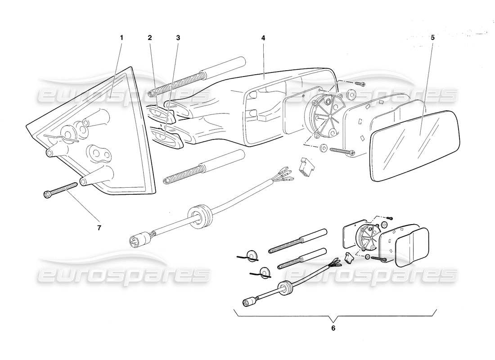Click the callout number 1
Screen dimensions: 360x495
tap(121, 38)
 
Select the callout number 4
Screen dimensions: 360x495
tap(263, 38)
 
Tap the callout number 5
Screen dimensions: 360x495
tap(432, 38)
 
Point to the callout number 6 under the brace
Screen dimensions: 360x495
tap(333, 328)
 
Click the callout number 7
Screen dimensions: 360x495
tap(99, 228)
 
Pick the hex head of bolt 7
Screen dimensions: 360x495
tap(47, 194)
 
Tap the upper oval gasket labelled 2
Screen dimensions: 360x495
tap(160, 112)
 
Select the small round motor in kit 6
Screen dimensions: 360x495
tap(366, 238)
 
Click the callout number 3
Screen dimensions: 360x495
tap(178, 38)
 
